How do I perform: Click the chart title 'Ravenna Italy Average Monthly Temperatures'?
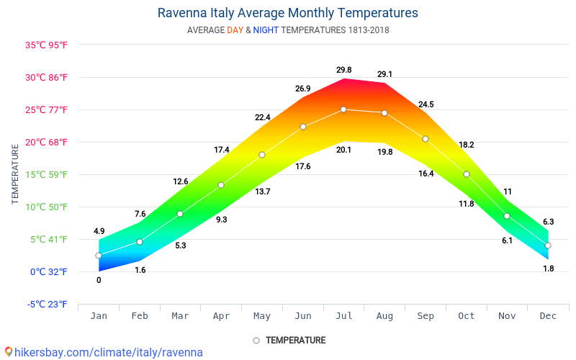pyautogui.click(x=287, y=13)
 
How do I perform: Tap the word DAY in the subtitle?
pyautogui.click(x=235, y=30)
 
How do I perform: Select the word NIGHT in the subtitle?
pyautogui.click(x=266, y=30)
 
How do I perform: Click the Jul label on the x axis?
pyautogui.click(x=343, y=315)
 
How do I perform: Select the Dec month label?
pyautogui.click(x=548, y=315)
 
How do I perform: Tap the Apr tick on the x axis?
pyautogui.click(x=221, y=315)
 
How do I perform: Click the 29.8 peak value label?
pyautogui.click(x=344, y=70)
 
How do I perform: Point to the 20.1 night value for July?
pyautogui.click(x=344, y=150)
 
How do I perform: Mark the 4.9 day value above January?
pyautogui.click(x=99, y=231)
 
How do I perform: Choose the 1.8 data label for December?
pyautogui.click(x=548, y=269)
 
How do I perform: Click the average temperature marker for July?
pyautogui.click(x=343, y=109)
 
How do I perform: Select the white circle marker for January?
pyautogui.click(x=99, y=256)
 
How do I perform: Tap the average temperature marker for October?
pyautogui.click(x=467, y=174)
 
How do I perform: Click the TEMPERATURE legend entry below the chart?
pyautogui.click(x=289, y=340)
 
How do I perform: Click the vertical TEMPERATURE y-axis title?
pyautogui.click(x=15, y=174)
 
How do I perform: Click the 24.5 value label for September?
pyautogui.click(x=426, y=104)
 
